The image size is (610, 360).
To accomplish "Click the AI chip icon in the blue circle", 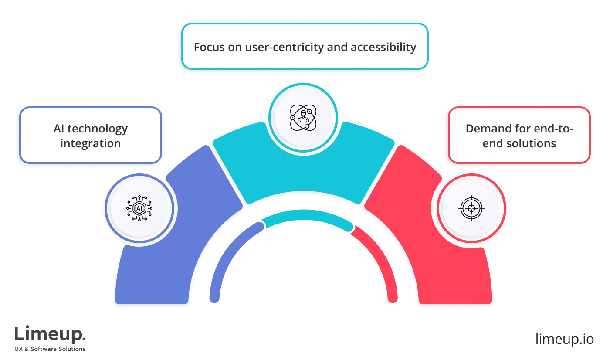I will [139, 208].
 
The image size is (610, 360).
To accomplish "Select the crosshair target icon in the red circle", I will [471, 208].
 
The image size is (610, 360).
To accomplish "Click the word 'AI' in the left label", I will [60, 129].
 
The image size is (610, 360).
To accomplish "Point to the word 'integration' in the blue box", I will [91, 143].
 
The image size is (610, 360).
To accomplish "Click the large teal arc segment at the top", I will [304, 170].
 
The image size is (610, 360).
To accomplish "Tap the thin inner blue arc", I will [227, 257].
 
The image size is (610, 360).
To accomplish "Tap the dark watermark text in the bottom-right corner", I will [564, 339].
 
